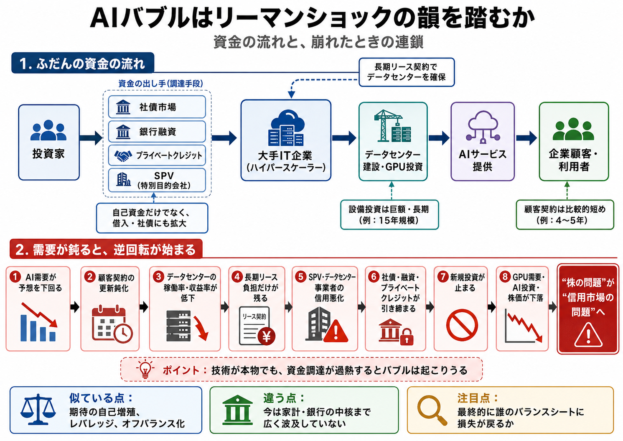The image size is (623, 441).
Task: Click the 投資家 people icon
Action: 48,130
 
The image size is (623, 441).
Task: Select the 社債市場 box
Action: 157,107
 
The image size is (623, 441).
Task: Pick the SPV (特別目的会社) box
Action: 157,180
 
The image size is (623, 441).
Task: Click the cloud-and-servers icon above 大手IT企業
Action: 286,128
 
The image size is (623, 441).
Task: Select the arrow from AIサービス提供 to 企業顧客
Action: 526,138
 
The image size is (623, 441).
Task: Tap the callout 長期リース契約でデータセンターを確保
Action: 407,72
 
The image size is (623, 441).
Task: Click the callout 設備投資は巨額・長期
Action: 389,215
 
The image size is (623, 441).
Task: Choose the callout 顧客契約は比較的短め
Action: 565,215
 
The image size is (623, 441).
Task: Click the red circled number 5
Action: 301,277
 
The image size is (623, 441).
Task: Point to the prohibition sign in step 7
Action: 462,325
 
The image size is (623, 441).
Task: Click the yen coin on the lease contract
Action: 266,336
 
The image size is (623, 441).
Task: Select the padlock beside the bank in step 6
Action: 406,337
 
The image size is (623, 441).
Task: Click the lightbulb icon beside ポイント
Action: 145,369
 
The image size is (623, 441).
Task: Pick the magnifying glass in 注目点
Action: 432,410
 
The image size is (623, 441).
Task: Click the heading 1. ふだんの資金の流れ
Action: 83,63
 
